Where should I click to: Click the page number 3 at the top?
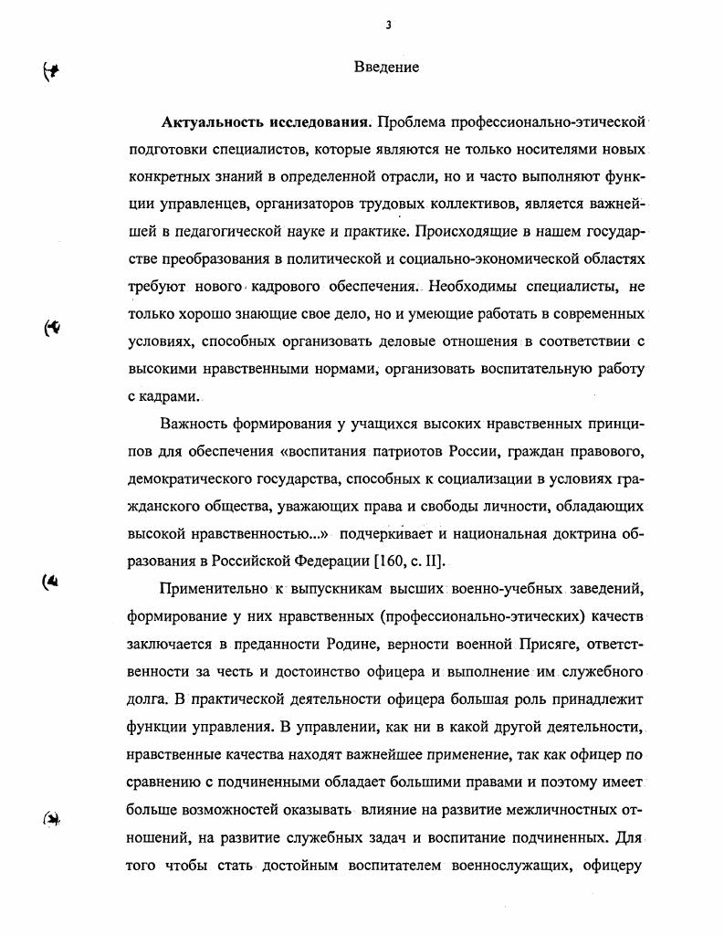(388, 26)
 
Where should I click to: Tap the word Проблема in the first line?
(410, 122)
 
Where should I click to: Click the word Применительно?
(214, 588)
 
